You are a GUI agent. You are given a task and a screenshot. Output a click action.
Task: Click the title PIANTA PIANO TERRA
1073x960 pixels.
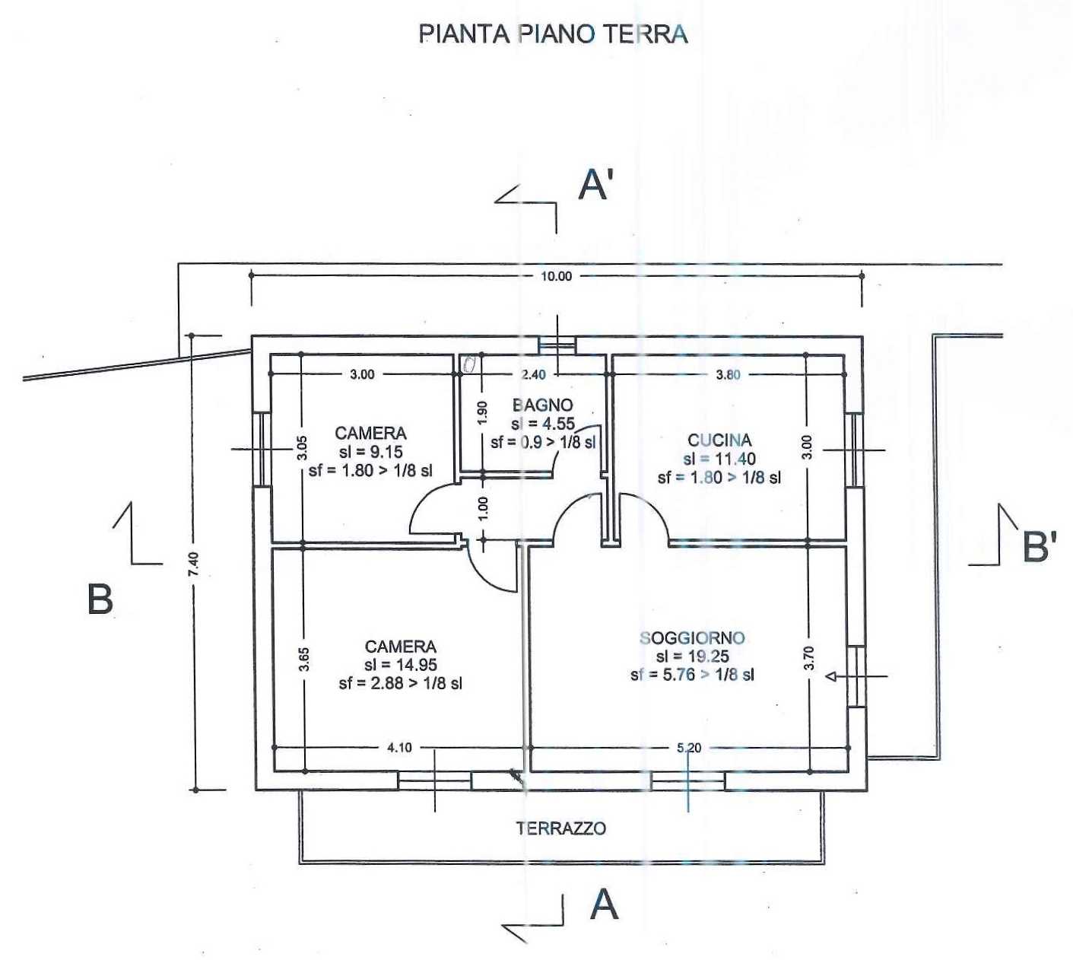pos(553,34)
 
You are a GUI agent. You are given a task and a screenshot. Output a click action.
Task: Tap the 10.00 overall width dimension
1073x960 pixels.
pos(556,276)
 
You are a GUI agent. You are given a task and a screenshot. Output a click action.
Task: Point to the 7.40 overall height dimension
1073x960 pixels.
pos(195,565)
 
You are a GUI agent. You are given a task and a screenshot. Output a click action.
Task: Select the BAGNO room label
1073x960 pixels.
pos(542,405)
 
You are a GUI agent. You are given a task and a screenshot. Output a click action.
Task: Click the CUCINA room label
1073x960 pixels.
pos(719,440)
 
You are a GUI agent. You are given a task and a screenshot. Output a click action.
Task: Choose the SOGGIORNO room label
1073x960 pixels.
pos(692,638)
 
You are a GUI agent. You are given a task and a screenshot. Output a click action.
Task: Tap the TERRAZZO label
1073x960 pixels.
pos(561,828)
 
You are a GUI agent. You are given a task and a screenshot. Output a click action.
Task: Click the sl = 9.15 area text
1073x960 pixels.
pos(371,452)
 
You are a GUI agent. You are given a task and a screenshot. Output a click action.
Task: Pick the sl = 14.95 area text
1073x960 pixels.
pos(401,665)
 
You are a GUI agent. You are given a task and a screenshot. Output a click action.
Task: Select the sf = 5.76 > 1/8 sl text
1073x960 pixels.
pos(692,675)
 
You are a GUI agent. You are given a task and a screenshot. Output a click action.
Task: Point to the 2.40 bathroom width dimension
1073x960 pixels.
pos(533,374)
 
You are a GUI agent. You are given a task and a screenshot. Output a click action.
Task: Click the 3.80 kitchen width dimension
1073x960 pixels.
pos(729,374)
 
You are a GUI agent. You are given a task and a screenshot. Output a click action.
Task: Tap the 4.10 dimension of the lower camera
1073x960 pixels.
pos(399,748)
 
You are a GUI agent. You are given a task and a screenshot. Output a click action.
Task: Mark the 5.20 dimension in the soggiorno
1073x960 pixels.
pos(688,748)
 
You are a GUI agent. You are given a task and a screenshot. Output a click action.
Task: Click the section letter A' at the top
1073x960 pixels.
pos(595,186)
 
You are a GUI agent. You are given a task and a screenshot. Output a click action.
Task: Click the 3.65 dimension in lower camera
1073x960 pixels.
pos(304,659)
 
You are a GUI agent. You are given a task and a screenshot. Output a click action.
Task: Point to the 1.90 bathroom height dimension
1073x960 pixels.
pos(481,412)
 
